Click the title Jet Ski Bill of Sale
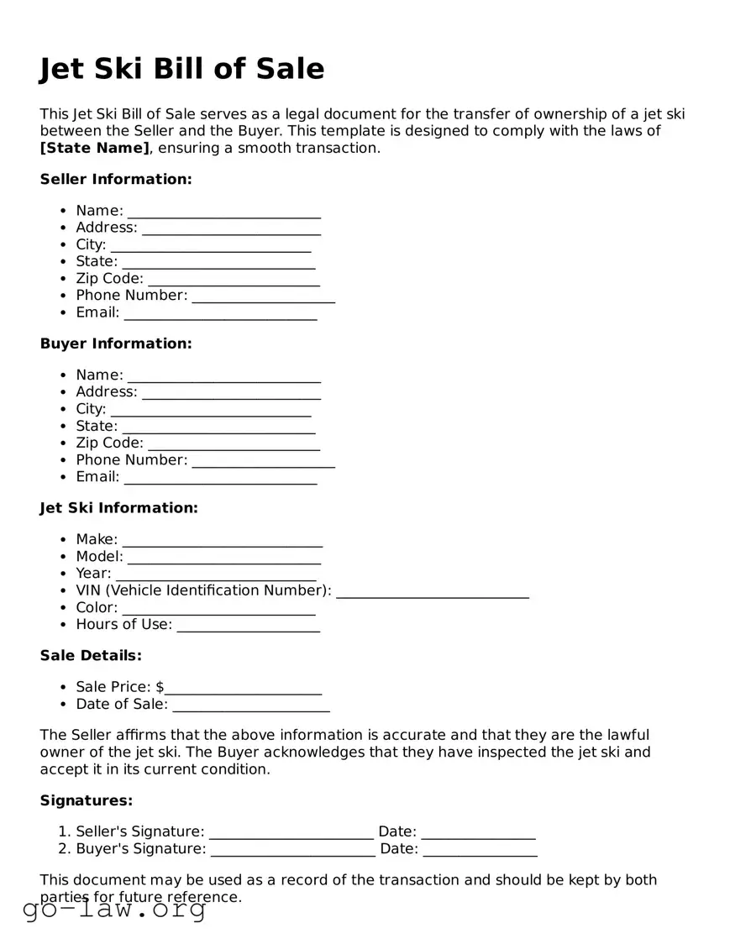click(181, 69)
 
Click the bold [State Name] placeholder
click(94, 149)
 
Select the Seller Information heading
click(116, 180)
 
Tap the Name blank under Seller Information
click(223, 212)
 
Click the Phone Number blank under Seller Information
click(263, 296)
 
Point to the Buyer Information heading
click(116, 344)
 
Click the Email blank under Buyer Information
click(220, 478)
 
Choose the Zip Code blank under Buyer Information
click(234, 444)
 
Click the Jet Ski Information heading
click(118, 508)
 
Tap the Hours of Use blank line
click(248, 626)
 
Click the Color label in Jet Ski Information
click(97, 607)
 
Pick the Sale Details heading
click(91, 655)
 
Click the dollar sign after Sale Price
click(160, 687)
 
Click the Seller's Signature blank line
click(291, 833)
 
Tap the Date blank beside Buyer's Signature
click(480, 850)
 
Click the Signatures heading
click(87, 801)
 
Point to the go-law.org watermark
click(114, 910)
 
